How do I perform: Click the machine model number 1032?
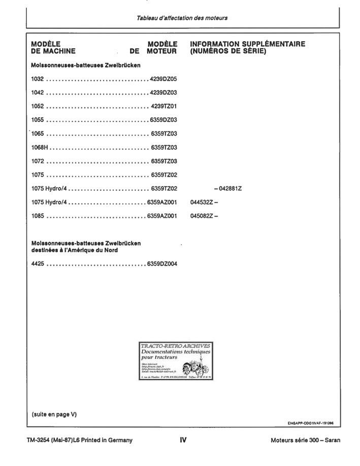38,79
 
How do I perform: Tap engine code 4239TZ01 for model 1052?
163,107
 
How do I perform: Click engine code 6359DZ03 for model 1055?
162,120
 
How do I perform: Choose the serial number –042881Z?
227,189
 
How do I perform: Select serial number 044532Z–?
204,202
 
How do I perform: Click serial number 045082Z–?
204,216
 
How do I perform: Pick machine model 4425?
38,264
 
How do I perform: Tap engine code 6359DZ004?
162,264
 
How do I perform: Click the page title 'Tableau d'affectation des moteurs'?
182,18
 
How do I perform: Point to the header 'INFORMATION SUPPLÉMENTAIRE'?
247,44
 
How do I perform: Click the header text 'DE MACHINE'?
53,51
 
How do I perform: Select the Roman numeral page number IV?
183,440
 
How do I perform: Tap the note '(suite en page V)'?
54,414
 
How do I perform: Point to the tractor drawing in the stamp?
193,367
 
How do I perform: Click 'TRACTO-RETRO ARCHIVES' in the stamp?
175,346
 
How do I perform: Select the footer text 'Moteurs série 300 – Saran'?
305,440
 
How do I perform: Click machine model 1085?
38,216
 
